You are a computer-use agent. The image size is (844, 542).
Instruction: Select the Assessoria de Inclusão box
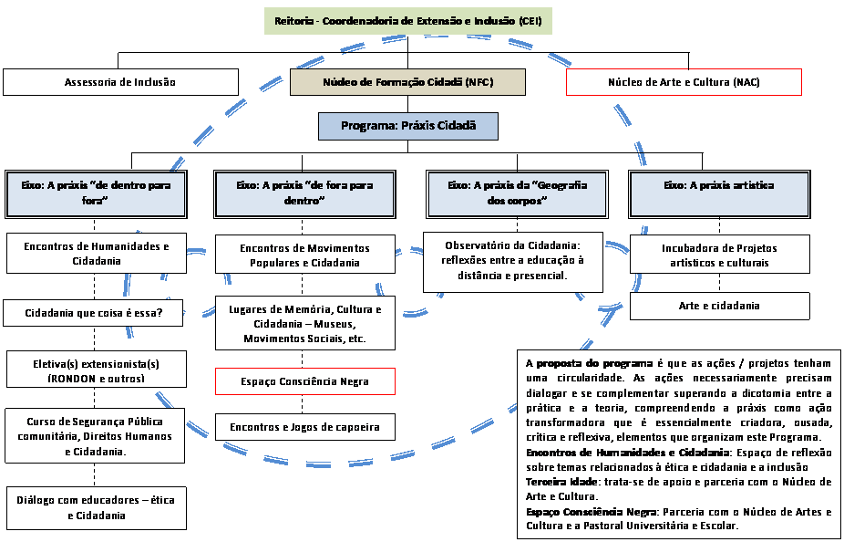click(120, 82)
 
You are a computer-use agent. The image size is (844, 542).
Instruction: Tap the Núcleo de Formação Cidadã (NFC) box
click(407, 82)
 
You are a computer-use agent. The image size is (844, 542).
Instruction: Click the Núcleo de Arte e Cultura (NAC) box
click(684, 82)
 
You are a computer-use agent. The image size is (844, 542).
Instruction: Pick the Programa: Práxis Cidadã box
click(408, 126)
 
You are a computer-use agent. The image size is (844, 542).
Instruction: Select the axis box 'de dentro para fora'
click(96, 193)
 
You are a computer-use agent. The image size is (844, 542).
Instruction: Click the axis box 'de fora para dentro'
click(305, 193)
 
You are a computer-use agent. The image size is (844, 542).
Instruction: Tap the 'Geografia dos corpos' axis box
click(517, 193)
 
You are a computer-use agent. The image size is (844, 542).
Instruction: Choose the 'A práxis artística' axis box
click(719, 193)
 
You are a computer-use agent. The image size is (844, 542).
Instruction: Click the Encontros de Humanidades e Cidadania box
click(97, 254)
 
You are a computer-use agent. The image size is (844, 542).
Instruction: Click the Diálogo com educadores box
click(97, 507)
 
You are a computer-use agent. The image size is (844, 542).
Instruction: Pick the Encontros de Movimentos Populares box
click(305, 255)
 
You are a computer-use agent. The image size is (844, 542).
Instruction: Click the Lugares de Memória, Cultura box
click(305, 324)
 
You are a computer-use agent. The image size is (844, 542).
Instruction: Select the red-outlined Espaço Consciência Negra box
click(305, 381)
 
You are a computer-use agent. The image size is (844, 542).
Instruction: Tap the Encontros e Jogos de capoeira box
click(305, 426)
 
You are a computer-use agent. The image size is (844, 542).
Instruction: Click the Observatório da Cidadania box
click(513, 260)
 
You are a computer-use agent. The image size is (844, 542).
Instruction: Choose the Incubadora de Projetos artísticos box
click(719, 255)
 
